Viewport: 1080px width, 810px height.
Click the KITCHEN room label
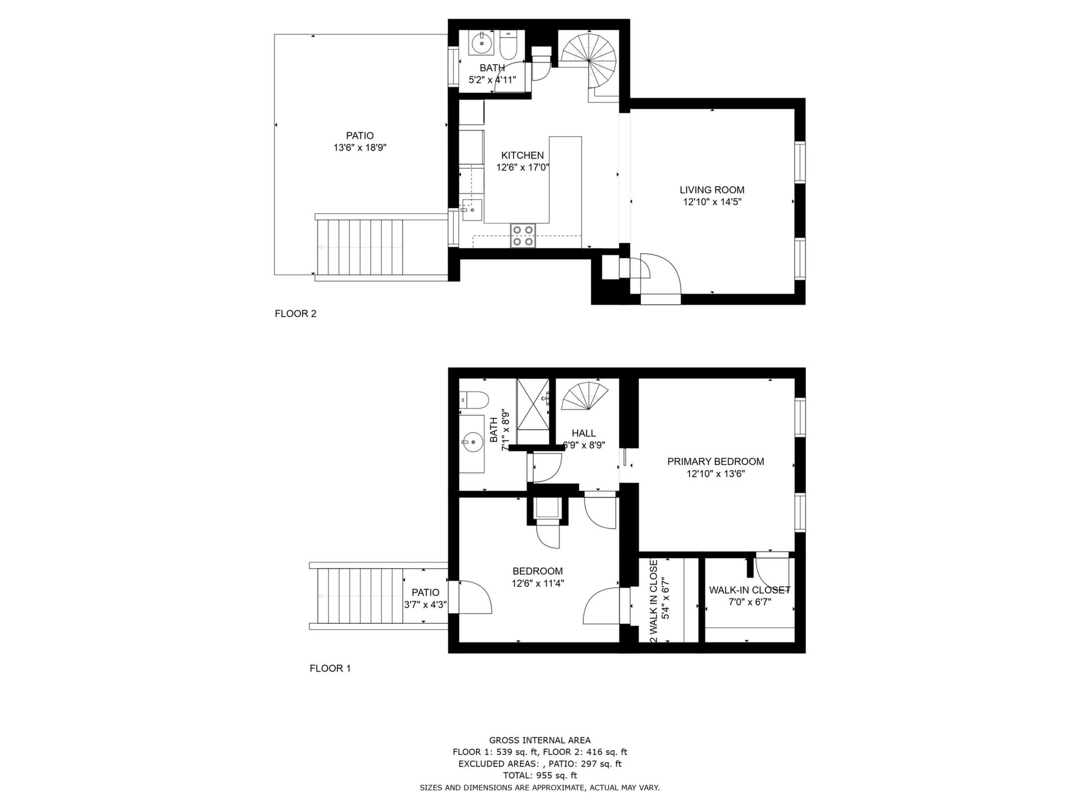tap(523, 155)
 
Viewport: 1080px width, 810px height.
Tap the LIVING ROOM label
tap(712, 190)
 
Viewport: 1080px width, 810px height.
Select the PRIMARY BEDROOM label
tap(715, 462)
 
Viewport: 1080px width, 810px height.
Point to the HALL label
tap(584, 433)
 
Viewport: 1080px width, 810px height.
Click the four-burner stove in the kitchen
tap(523, 236)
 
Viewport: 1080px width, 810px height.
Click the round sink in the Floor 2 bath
tap(481, 43)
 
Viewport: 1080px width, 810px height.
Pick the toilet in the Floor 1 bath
tap(471, 400)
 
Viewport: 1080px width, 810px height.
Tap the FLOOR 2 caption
tap(295, 314)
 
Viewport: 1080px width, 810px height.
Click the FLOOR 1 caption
tap(330, 668)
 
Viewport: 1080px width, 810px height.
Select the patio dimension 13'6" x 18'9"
tap(360, 148)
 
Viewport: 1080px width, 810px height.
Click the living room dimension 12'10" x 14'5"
tap(712, 202)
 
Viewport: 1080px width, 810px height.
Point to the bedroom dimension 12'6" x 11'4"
tap(538, 583)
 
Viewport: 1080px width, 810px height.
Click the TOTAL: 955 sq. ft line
tap(540, 775)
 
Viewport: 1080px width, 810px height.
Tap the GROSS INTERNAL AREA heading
tap(540, 740)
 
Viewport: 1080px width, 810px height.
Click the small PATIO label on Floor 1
tap(425, 592)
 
